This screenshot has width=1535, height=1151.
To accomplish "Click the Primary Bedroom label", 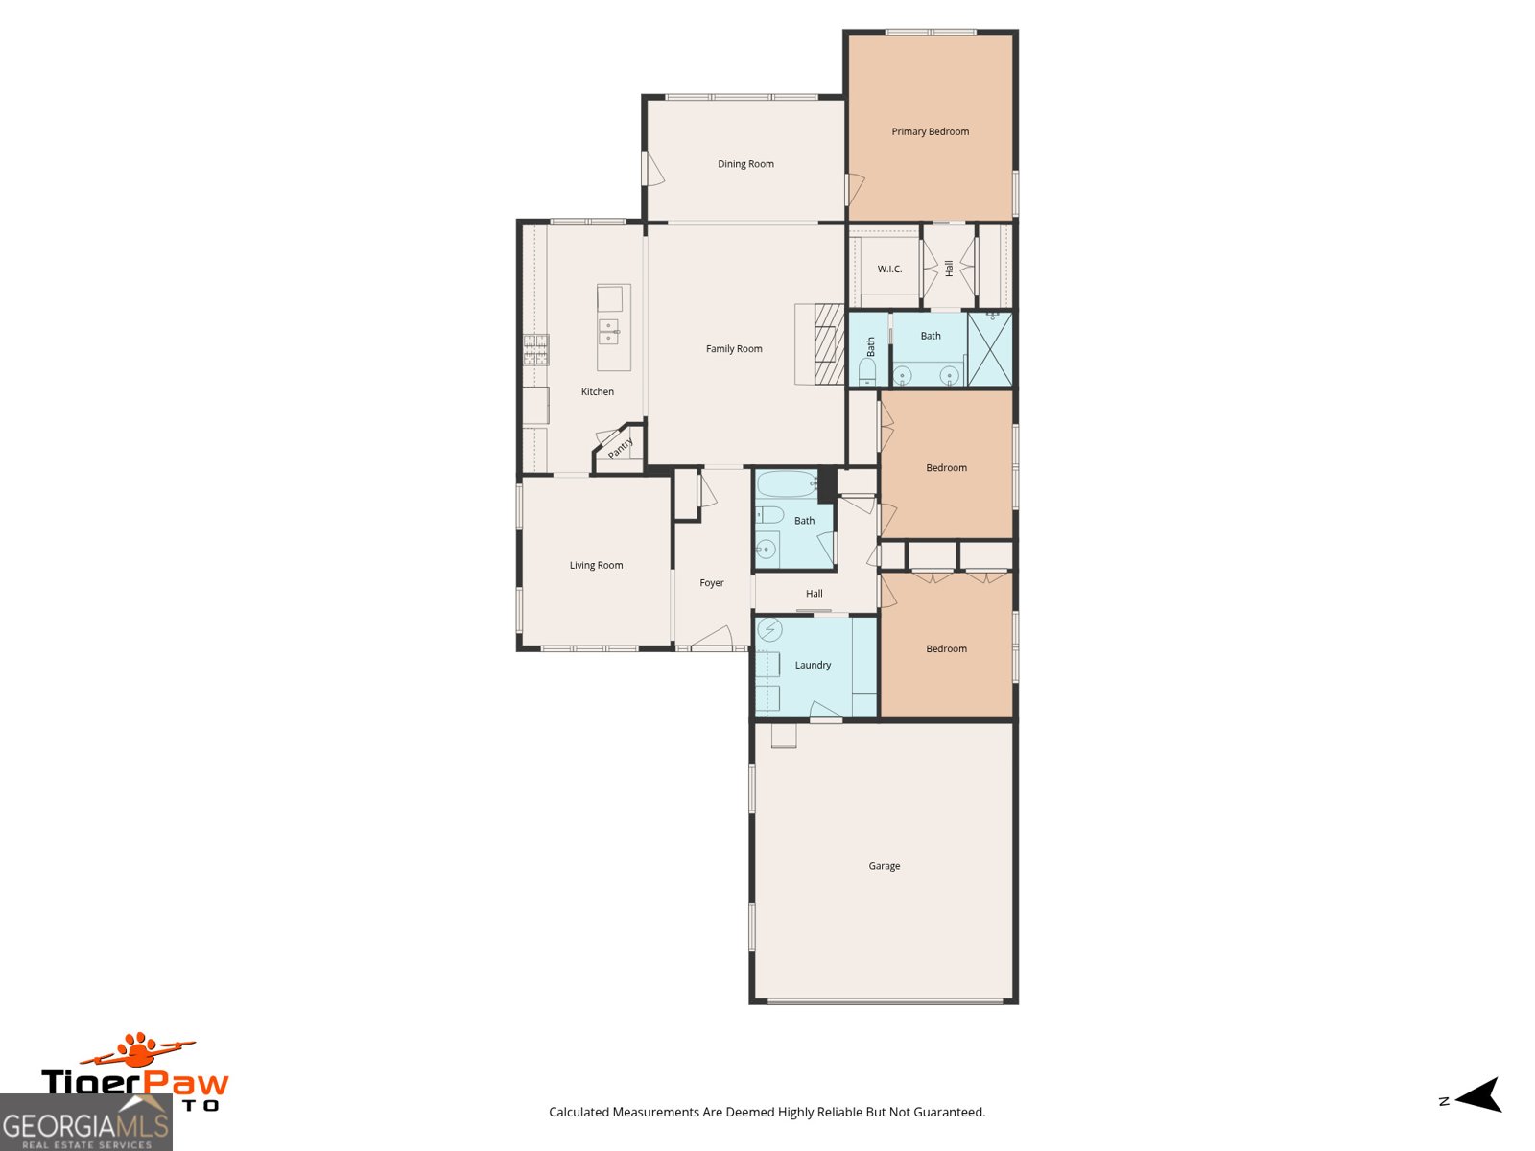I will coord(930,131).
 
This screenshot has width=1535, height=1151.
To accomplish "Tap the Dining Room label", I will coord(745,164).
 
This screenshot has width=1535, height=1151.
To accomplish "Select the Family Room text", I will coord(734,349).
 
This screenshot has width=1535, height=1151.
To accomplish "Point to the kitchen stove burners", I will coord(535,349).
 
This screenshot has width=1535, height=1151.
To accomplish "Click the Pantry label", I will coord(621,448).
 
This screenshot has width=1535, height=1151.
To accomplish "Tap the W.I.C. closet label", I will coord(889,269).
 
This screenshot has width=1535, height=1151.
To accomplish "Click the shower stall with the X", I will coord(989,349).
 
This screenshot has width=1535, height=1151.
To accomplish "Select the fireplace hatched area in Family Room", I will coord(828,344).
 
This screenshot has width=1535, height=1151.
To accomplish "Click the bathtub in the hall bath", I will coord(787,484).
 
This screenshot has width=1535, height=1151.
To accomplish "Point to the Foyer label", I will coord(711,583).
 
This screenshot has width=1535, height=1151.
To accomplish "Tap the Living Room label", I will coord(596,565).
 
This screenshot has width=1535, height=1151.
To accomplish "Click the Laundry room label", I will coord(813,665).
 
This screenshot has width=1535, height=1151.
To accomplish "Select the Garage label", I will coord(884,866).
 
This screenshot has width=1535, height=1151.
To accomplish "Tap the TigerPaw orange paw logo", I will coord(140,1049).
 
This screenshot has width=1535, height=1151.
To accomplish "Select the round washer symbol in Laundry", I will coord(769,630).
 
